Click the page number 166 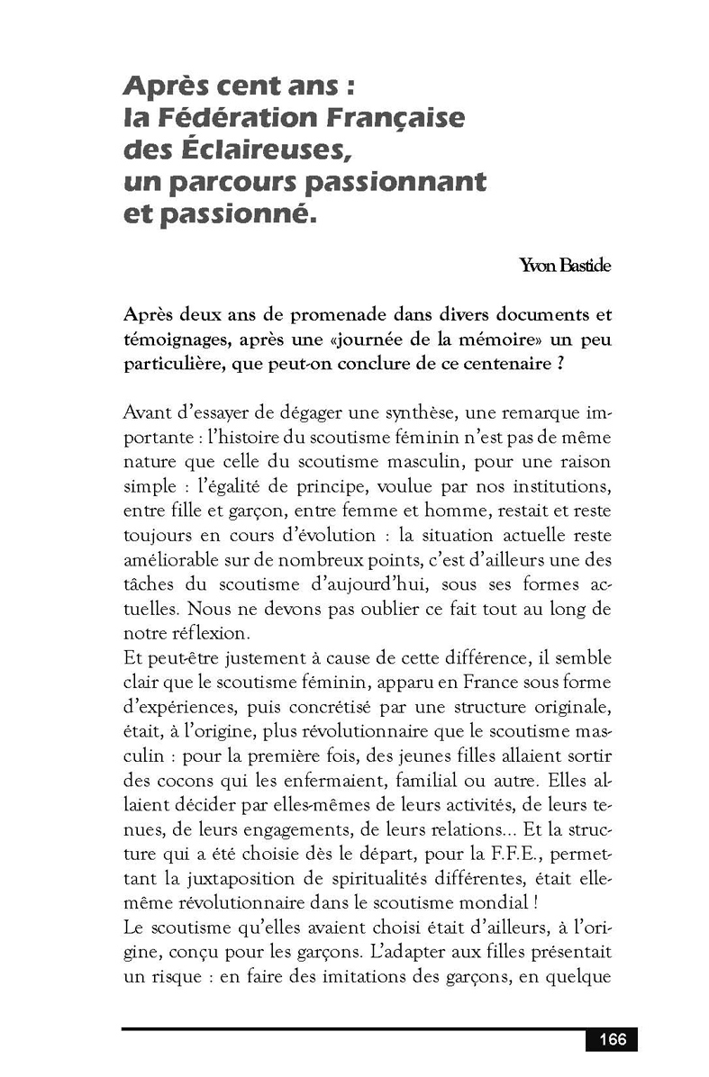(612, 1039)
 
